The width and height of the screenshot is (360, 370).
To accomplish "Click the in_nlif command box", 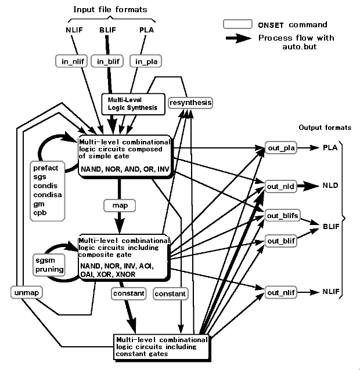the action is coord(71,61).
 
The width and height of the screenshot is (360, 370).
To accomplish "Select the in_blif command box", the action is coord(107,61).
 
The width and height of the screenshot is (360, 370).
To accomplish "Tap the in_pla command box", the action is coord(146,61).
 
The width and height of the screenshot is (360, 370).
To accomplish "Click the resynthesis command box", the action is coord(190,103).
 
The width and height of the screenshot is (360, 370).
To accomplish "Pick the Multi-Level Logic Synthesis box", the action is coord(133,104).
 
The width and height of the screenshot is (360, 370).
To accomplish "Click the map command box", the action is coord(120,205).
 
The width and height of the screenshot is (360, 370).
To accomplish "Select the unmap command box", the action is coord(27,293).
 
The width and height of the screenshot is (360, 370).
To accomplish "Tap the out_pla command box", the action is coord(281,148).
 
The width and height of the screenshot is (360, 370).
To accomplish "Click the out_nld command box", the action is coord(280,186).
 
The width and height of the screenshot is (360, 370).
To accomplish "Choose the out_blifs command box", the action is coord(282,215).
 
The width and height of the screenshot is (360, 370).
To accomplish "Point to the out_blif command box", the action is coord(281,241).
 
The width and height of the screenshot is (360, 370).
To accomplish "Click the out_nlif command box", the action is coord(281,292).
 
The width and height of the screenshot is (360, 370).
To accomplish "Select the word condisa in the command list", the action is coord(48,195).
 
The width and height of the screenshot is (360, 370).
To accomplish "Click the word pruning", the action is coord(49,270).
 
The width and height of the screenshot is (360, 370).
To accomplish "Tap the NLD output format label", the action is coord(330,186).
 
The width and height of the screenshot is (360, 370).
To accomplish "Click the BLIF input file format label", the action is coord(108,30).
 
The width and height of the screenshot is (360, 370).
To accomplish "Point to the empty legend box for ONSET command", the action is coord(237,24).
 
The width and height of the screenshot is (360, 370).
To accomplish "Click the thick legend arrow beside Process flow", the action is coord(239,38).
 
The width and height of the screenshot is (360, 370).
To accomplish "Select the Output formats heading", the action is coord(325,128).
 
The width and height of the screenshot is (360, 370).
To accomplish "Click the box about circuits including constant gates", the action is coord(161,347).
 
